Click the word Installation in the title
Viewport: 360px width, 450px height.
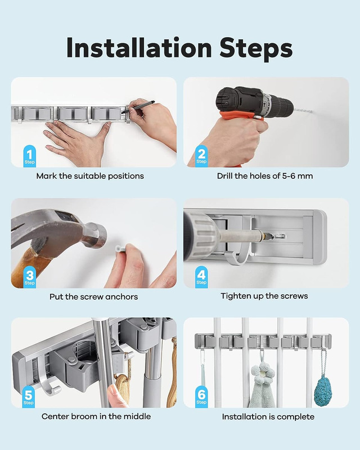139,47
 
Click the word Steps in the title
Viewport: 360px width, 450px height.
256,48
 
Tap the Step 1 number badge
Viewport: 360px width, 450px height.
29,156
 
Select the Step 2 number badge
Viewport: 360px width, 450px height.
201,156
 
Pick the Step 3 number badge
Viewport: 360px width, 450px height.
29,277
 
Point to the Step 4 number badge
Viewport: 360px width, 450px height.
201,277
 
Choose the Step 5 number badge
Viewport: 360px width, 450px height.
29,397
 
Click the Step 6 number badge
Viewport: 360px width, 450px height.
201,397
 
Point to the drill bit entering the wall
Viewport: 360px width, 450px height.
303,110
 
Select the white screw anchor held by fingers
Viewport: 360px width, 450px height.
120,249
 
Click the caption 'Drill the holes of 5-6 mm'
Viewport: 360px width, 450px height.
265,176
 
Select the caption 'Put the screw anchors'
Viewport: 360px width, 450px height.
93,296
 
